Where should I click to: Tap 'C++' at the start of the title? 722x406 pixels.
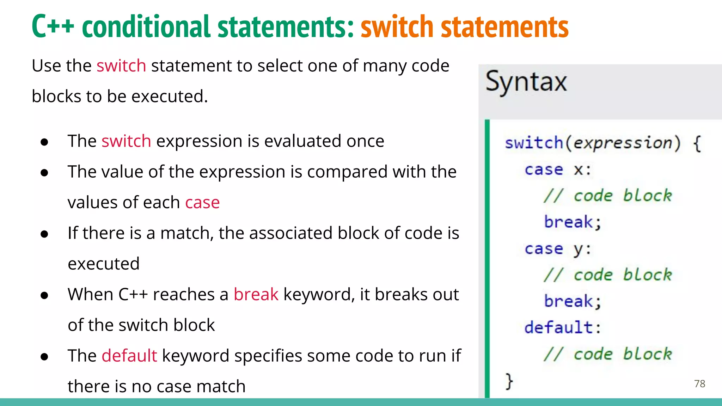(53, 27)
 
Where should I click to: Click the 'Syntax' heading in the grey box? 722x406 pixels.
(526, 82)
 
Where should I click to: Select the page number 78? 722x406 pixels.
(699, 383)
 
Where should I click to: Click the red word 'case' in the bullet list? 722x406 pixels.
(202, 203)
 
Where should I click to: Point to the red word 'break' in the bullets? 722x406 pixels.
(256, 294)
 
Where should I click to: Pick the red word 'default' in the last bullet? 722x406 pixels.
(129, 356)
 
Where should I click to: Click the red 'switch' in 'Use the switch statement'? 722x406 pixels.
(121, 66)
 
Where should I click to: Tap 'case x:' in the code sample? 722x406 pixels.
(557, 170)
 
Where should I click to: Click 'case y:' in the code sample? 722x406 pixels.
(557, 249)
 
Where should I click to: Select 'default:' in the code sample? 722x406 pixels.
(562, 327)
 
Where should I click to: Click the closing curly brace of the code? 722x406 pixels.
(509, 381)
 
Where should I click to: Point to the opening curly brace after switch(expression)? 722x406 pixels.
(697, 143)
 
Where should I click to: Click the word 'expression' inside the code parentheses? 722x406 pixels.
(623, 143)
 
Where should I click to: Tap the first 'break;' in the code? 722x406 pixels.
(573, 222)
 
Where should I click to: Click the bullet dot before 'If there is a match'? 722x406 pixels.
(44, 234)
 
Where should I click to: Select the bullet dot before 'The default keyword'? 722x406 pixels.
(44, 357)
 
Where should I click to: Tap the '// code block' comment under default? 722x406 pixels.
(607, 354)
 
